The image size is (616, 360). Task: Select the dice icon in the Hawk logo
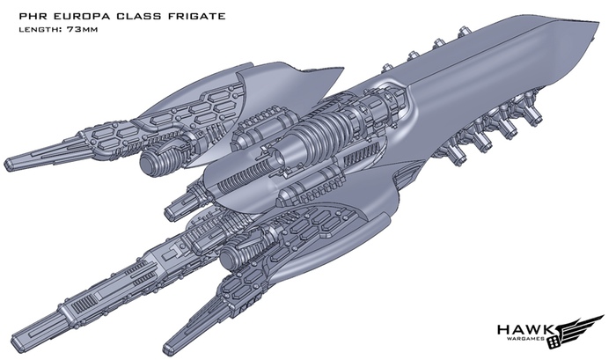click(x=555, y=337)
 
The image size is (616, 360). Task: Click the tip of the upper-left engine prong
click(x=11, y=161)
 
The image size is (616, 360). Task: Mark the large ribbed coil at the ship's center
click(x=313, y=141)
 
